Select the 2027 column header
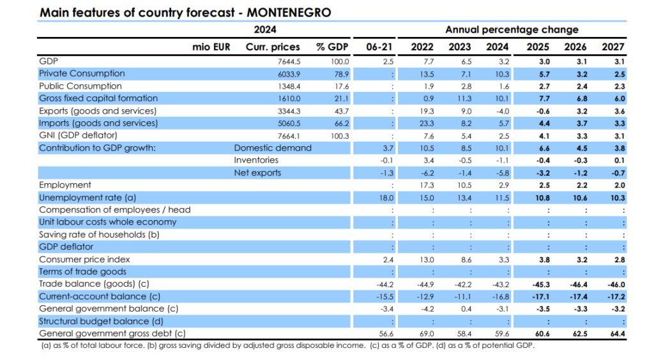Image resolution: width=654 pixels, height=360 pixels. [613, 47]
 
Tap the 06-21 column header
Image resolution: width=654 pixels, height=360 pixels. [379, 47]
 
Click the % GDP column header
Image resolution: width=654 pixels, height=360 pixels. [333, 47]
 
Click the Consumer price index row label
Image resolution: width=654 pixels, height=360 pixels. [84, 259]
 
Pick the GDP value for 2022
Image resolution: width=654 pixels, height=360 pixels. [429, 61]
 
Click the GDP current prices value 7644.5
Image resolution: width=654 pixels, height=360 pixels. [289, 61]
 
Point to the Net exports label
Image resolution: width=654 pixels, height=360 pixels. [257, 172]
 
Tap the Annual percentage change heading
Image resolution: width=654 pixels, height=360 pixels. [512, 29]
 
